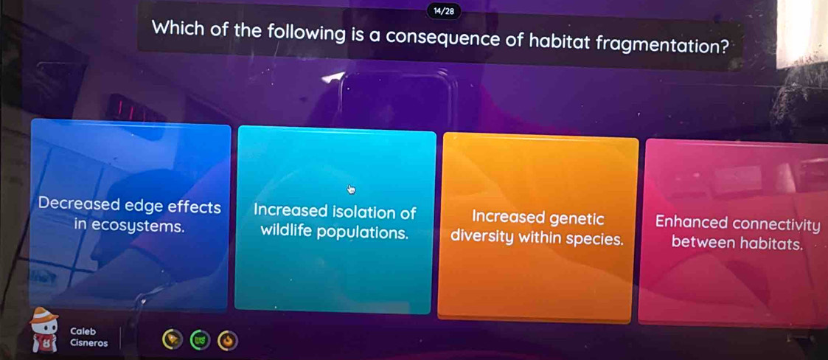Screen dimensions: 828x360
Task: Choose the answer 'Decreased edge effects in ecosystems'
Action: coord(131,215)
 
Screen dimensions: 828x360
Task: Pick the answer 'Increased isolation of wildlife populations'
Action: coord(335,221)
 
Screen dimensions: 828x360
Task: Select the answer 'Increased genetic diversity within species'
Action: coord(537,228)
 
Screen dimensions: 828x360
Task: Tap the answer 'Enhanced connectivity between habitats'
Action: coord(734,232)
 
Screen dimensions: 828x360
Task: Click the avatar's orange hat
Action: coord(44,315)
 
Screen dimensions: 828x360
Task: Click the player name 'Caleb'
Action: coord(83,331)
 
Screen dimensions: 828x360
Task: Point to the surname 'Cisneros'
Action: coord(88,342)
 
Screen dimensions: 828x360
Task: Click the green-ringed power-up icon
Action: coord(200,340)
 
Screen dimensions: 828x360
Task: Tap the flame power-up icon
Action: coord(228,340)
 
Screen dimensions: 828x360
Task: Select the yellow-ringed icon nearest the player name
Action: coord(173,339)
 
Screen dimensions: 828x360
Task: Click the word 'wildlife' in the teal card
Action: coord(286,232)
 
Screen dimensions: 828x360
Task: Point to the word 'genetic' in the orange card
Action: coord(577,218)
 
